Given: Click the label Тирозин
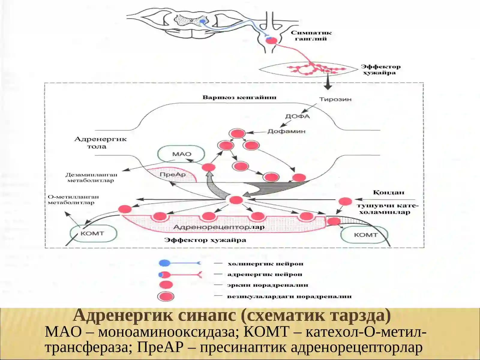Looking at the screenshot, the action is pos(335,99).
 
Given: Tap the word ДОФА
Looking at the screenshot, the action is pos(298,116).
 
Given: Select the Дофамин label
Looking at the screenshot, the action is pos(286,131).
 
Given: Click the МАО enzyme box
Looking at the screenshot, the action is pos(181,154).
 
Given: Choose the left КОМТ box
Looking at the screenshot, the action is pos(93,233).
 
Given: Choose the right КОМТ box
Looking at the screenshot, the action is pos(364,235).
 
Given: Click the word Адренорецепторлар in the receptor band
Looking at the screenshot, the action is pos(219,227).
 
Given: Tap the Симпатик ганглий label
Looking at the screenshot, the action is pos(311,36).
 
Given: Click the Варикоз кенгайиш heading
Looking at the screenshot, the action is pos(239,97).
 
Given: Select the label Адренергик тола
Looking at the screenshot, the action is pos(100,143).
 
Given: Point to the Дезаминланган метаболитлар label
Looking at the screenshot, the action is pos(91,178).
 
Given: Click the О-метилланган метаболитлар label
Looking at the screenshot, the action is pos(73,199).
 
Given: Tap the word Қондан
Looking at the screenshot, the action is pos(388,192).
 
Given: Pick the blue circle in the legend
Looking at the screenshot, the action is pos(165,263).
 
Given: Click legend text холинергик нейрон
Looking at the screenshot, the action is pos(265,264).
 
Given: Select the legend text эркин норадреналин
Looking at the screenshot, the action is pos(268,285).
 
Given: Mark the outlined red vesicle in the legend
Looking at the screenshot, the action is pos(166,297).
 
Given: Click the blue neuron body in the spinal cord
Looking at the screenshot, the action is pos(202,21).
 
